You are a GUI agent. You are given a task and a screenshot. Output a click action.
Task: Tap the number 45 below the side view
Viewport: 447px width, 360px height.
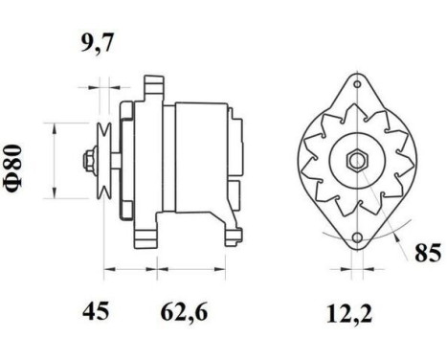[x=95, y=311]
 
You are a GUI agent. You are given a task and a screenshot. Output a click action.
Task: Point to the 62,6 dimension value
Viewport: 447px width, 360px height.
[x=184, y=311]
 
